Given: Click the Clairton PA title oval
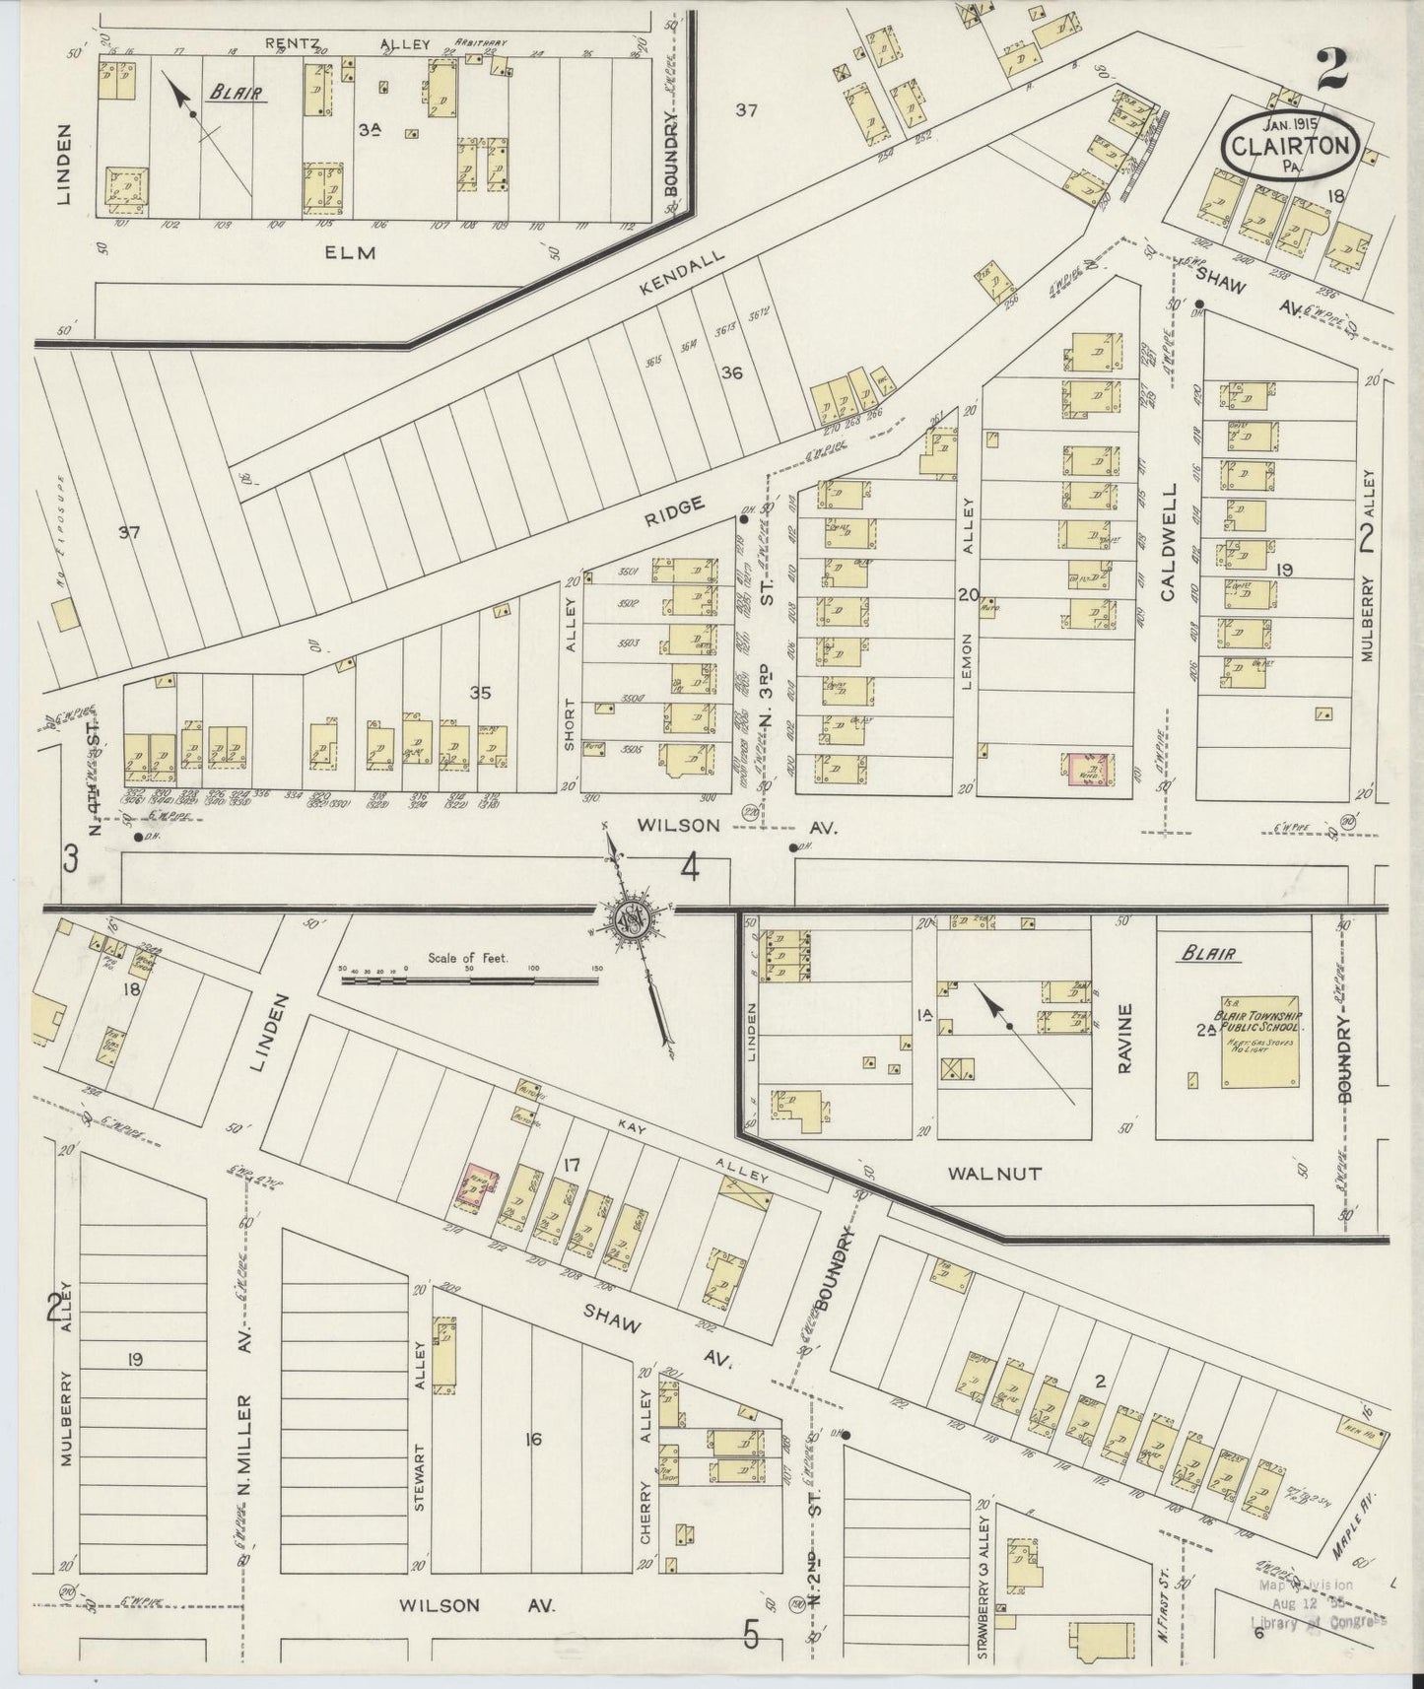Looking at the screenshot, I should (1291, 147).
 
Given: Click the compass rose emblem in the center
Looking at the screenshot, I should (630, 919).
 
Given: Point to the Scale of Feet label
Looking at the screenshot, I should (468, 958).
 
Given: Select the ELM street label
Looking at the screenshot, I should (352, 251).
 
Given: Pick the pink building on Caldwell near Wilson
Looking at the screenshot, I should (1088, 768).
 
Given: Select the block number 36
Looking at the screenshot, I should (731, 372).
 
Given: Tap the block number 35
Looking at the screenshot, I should (479, 693).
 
